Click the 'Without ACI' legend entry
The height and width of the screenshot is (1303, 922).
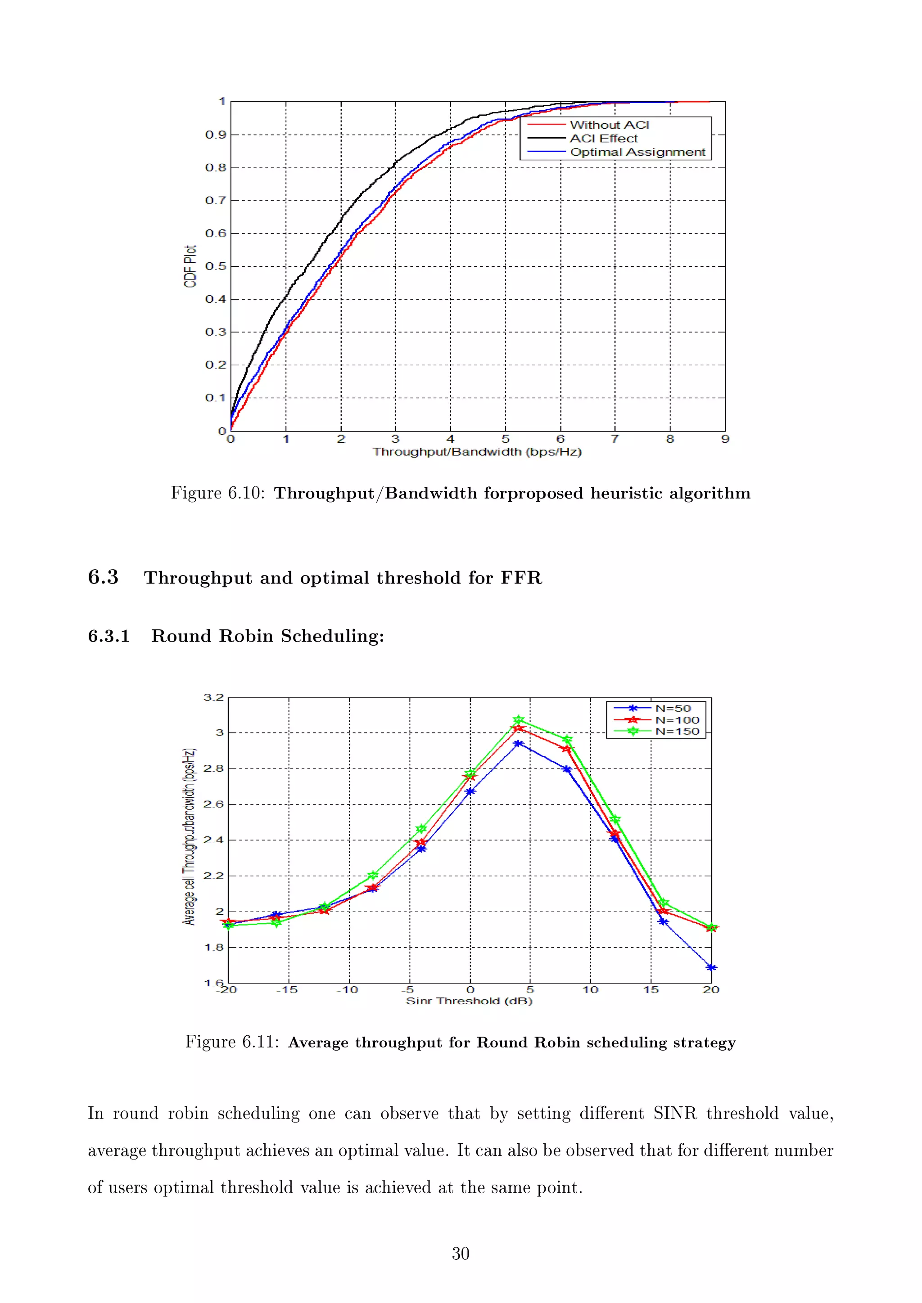tap(609, 125)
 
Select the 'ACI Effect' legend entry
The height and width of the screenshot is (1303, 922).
tap(604, 139)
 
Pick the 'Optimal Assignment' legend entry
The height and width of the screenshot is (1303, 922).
tap(637, 152)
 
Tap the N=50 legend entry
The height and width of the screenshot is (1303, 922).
tap(673, 708)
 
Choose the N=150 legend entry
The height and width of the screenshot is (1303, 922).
tap(677, 732)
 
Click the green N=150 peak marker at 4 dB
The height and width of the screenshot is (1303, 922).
tap(518, 719)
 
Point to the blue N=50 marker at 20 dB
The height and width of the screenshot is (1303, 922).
tap(711, 968)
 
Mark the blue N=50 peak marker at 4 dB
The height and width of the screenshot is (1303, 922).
tap(518, 743)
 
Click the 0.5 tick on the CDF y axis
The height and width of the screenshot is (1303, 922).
tap(215, 266)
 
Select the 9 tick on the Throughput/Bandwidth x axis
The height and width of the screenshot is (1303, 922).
tap(725, 439)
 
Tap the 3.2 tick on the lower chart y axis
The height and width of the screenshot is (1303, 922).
tap(214, 697)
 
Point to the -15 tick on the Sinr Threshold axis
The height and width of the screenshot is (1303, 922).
tap(287, 990)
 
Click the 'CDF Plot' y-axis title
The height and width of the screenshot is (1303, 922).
tap(190, 266)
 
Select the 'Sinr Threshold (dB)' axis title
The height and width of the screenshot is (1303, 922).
tap(469, 1001)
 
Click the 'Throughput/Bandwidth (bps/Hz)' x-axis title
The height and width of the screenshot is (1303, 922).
tap(477, 452)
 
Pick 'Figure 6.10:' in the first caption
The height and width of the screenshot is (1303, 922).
tap(218, 493)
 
